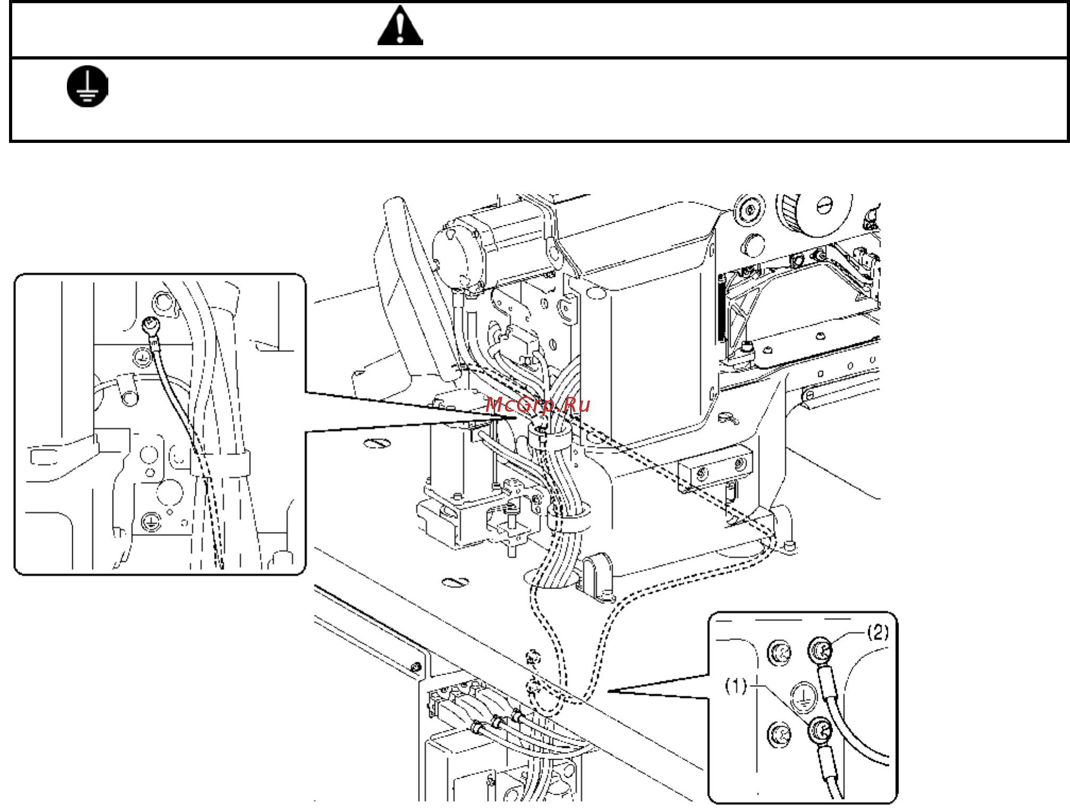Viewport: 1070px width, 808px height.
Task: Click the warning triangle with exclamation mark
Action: click(x=400, y=27)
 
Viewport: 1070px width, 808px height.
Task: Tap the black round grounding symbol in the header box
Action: click(x=88, y=86)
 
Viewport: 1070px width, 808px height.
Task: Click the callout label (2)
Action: click(x=878, y=632)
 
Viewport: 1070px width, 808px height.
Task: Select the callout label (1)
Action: click(x=736, y=686)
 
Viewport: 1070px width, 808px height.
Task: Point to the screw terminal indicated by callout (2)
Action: click(x=820, y=650)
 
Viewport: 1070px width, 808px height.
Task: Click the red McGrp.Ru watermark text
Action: click(x=537, y=405)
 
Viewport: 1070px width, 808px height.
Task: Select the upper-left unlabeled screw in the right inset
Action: click(x=779, y=652)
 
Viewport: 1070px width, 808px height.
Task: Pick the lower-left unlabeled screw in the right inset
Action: click(x=779, y=734)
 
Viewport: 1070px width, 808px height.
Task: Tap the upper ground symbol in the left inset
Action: click(x=141, y=356)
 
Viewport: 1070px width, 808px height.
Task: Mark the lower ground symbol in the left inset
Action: click(x=151, y=522)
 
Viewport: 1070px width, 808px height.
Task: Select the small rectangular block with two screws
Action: click(x=715, y=467)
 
